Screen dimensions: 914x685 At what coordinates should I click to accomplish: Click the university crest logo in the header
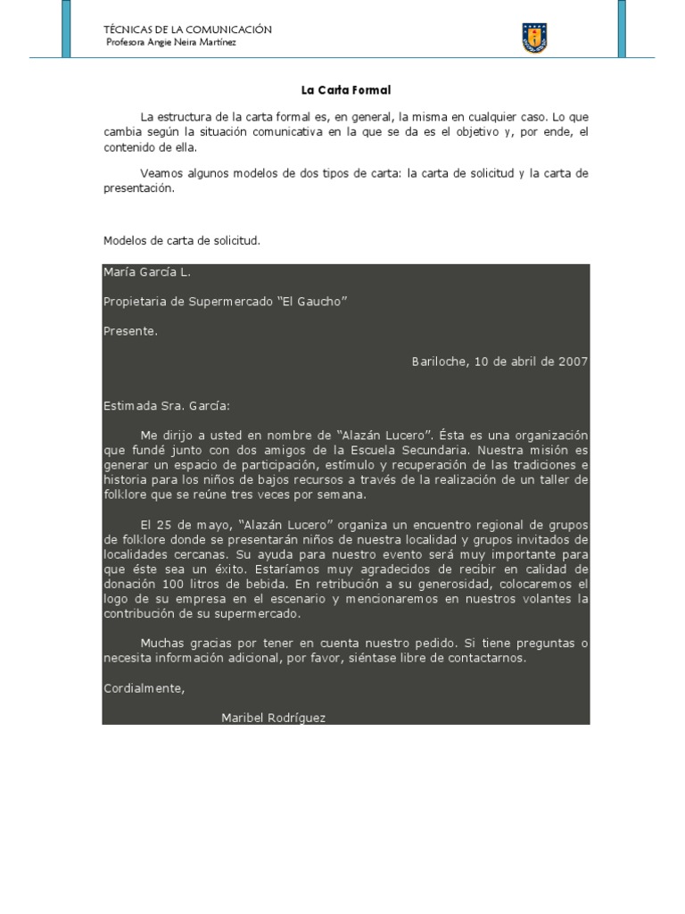(x=534, y=37)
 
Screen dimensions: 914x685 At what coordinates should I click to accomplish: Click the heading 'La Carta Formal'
(x=346, y=90)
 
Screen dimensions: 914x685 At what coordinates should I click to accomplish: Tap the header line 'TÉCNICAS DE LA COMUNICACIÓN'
(x=188, y=29)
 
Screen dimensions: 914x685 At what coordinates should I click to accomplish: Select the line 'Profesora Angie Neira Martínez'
(x=171, y=43)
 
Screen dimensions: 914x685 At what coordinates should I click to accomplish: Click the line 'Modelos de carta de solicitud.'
(x=182, y=241)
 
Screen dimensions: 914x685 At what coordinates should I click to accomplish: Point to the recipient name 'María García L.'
(x=147, y=272)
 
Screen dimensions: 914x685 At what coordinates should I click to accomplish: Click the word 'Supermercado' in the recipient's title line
(x=230, y=302)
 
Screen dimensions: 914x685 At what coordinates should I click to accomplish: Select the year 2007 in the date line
(x=573, y=361)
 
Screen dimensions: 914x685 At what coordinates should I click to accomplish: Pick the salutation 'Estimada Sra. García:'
(x=167, y=405)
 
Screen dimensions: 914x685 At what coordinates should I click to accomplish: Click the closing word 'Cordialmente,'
(x=144, y=688)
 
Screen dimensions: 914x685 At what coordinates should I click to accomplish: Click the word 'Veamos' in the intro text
(x=161, y=173)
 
